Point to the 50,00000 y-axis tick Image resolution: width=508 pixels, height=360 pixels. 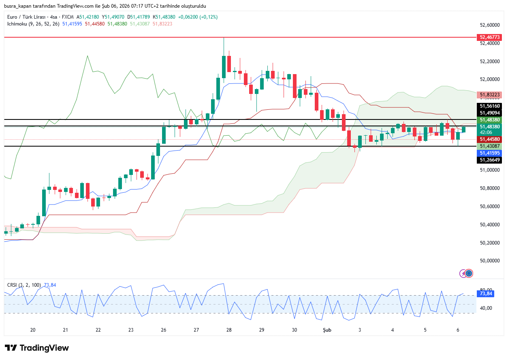click(x=489, y=261)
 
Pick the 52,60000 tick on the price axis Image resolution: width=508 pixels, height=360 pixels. click(x=489, y=25)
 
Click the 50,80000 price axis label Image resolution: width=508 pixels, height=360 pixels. click(x=489, y=188)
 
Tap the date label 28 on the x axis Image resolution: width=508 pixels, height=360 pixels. click(x=229, y=330)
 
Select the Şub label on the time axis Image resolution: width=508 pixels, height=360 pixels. click(x=327, y=330)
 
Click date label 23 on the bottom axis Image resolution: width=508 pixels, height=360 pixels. click(x=131, y=330)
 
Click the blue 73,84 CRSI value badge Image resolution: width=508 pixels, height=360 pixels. click(x=485, y=294)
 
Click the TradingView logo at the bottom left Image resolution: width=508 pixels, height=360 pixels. click(x=36, y=348)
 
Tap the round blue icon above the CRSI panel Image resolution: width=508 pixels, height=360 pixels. click(x=469, y=273)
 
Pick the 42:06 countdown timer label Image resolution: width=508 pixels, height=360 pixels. click(x=486, y=132)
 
